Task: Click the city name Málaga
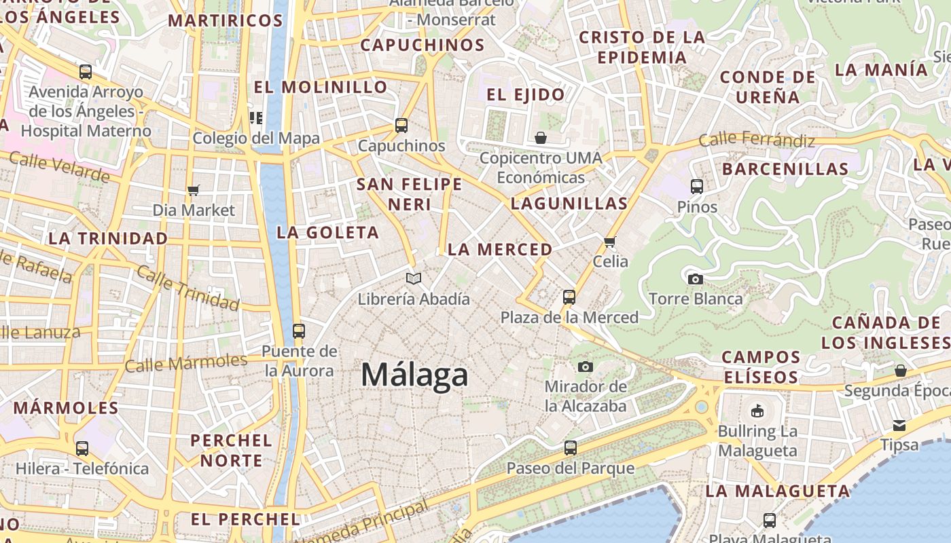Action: (414, 375)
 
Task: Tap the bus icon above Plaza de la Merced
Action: (569, 297)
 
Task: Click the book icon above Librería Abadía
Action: (413, 278)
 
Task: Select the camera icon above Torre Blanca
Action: (695, 279)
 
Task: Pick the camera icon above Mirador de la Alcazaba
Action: (585, 367)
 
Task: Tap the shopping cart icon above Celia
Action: (610, 242)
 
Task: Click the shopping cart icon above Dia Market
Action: (194, 190)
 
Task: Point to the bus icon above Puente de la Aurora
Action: (298, 331)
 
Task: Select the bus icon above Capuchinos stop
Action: (401, 126)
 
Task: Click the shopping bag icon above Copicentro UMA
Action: (541, 138)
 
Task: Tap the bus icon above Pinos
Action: (696, 187)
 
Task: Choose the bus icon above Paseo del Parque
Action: (571, 448)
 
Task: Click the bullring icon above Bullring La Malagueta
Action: (757, 411)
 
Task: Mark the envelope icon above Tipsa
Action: (899, 426)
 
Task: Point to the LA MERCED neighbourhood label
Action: (500, 250)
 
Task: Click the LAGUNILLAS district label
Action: (569, 204)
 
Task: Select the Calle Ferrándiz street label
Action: (756, 141)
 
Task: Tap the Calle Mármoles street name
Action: (185, 363)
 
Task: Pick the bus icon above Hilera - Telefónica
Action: (82, 449)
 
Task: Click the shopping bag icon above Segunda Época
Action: (900, 371)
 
